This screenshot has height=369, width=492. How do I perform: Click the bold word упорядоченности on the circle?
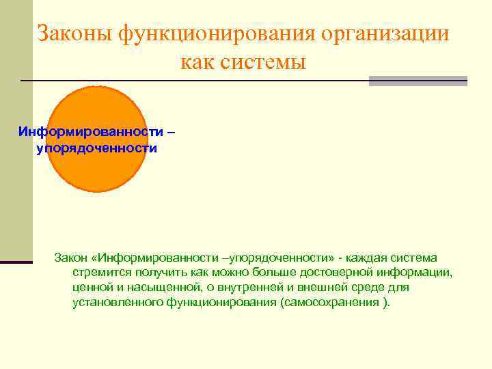(97, 148)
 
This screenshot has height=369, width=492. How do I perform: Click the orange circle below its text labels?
(99, 174)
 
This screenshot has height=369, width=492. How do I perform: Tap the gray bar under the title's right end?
(418, 81)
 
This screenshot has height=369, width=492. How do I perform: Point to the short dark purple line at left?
(16, 262)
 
